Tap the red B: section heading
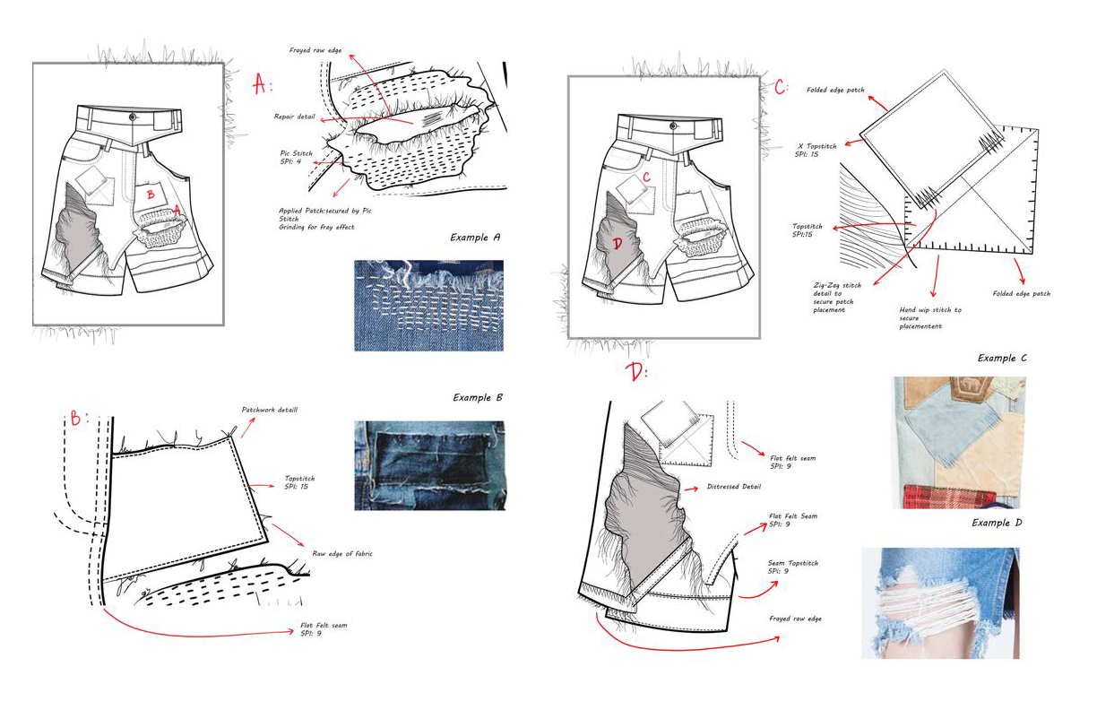point(80,418)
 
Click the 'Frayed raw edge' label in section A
point(315,50)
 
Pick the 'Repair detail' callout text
point(296,117)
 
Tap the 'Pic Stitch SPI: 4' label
point(296,158)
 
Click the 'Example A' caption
point(475,238)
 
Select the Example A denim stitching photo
point(428,305)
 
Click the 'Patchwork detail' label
point(269,410)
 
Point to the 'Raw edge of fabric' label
point(341,553)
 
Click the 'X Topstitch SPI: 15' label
point(814,149)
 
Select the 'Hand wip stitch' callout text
point(929,318)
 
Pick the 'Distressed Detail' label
point(734,488)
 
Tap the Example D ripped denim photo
point(940,603)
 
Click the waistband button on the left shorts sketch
point(133,117)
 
